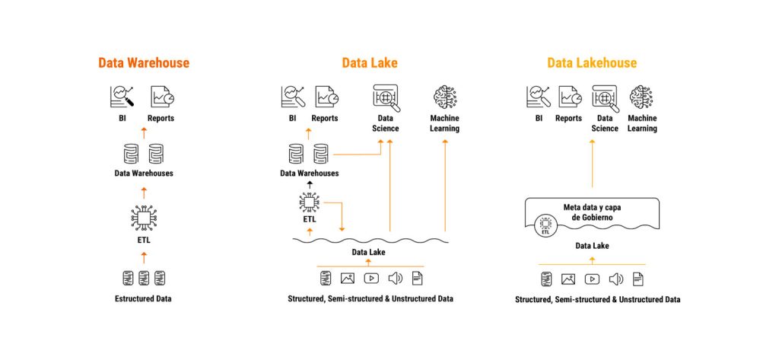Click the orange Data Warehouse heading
coord(144,63)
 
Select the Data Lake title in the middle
coord(370,63)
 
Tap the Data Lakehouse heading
coord(592,63)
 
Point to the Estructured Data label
coord(144,298)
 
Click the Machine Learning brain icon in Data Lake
coord(444,97)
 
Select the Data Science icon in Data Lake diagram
coord(386,97)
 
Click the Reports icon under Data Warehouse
coord(161,97)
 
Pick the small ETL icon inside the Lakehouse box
coord(544,224)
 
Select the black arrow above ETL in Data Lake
coord(308,185)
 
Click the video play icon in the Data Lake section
coord(371,279)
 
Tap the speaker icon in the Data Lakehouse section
coord(615,279)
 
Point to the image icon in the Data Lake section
coord(348,279)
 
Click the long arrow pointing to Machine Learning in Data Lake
coord(444,183)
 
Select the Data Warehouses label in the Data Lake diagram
coord(309,173)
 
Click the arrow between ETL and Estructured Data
coord(144,257)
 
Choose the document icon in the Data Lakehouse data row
coord(638,279)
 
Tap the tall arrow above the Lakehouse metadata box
coord(592,164)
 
